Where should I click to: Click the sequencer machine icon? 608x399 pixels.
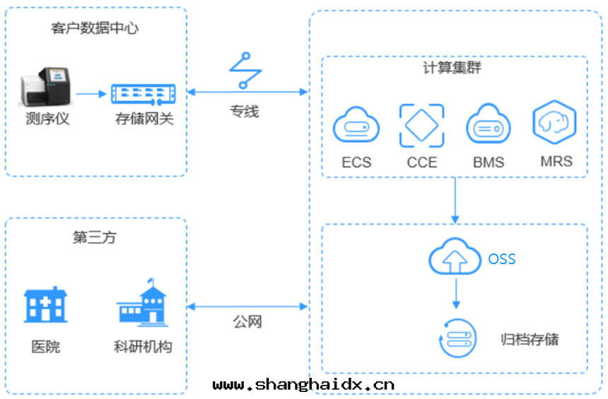click(44, 87)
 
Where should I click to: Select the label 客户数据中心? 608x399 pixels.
click(95, 29)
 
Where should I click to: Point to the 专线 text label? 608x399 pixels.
click(245, 112)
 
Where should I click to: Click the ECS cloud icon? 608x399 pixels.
click(356, 126)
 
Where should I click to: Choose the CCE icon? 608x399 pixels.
click(422, 126)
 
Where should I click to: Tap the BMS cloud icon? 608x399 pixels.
click(488, 126)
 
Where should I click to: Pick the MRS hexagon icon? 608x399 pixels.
click(554, 123)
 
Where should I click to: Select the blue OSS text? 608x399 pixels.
click(502, 259)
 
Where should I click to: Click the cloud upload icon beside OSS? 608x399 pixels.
click(455, 257)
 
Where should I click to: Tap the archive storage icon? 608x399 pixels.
click(455, 338)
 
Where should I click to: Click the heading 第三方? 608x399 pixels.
click(95, 238)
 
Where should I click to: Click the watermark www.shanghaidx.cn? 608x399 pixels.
click(303, 385)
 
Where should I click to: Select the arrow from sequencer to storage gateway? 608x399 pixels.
click(90, 93)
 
